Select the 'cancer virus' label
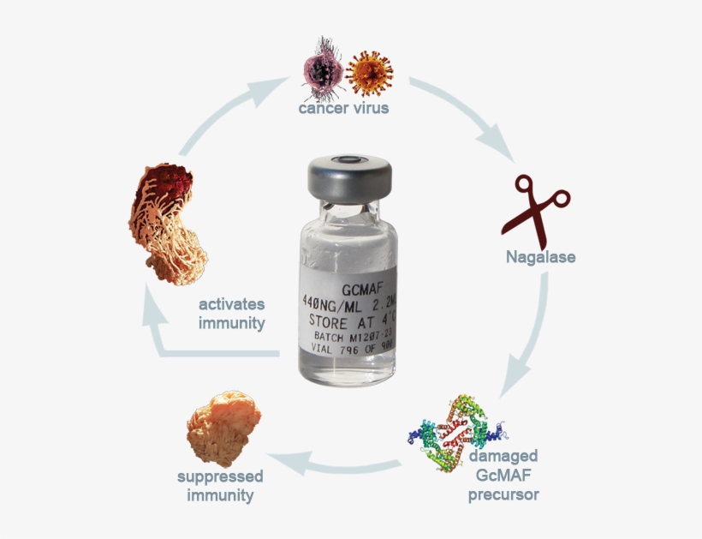[343, 108]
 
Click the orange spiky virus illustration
[370, 74]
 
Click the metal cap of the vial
[350, 176]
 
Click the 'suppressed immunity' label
[220, 486]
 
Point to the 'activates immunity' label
[232, 314]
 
